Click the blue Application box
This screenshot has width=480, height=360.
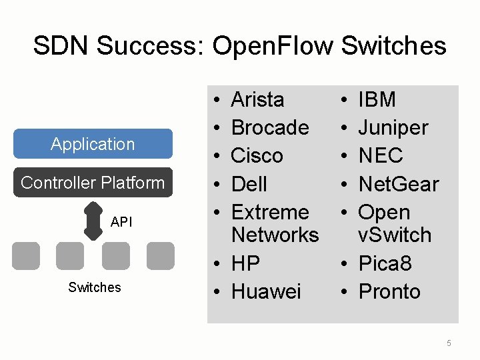pos(93,144)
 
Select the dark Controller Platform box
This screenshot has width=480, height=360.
pos(93,183)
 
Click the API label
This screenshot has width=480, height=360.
pos(121,222)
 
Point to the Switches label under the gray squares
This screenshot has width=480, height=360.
pos(95,287)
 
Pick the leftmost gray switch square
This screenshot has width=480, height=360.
pos(25,255)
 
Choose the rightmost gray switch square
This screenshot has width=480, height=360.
pos(160,255)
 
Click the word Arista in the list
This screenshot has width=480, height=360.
pos(257,100)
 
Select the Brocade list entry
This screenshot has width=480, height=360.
pos(269,127)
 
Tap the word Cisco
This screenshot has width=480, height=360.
pos(257,155)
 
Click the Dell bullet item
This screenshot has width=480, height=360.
pos(249,184)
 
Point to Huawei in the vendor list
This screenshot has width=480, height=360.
pos(266,291)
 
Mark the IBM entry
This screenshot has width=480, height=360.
pos(377,100)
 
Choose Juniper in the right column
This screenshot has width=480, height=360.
pos(393,127)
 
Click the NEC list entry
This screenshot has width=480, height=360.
pos(381,155)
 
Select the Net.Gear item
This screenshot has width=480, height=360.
pos(399,184)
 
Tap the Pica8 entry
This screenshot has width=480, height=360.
pos(385,263)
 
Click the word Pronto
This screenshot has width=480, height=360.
pos(389,291)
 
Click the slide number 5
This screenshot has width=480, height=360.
pos(449,343)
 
